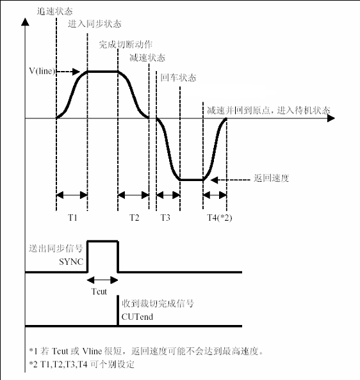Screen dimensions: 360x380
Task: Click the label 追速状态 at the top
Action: [x=55, y=11]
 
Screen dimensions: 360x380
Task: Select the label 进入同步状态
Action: [x=95, y=24]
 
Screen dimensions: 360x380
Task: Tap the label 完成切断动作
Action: [x=126, y=44]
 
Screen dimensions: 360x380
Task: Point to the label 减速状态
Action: [x=147, y=58]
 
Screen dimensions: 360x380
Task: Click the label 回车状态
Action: [x=178, y=78]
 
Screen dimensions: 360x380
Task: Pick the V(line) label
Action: [x=42, y=71]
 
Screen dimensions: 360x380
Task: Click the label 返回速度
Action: [x=272, y=178]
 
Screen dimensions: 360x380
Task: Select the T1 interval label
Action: [x=73, y=218]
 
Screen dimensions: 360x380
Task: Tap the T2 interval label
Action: [x=134, y=218]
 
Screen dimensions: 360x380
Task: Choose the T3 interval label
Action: [x=165, y=218]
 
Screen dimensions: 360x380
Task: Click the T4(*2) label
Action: [x=220, y=218]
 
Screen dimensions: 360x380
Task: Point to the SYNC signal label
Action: [x=71, y=262]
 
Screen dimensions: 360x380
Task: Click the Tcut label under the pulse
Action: [x=99, y=291]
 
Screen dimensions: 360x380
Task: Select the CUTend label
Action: [x=137, y=317]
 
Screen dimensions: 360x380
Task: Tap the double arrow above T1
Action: [x=72, y=195]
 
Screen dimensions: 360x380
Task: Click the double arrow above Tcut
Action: [x=102, y=280]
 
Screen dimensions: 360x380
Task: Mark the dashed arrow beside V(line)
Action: [x=68, y=72]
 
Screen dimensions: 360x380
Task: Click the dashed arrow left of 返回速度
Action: [x=231, y=180]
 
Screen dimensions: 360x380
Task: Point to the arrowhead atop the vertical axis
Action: [x=25, y=22]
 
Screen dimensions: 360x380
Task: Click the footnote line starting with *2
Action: [x=81, y=364]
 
